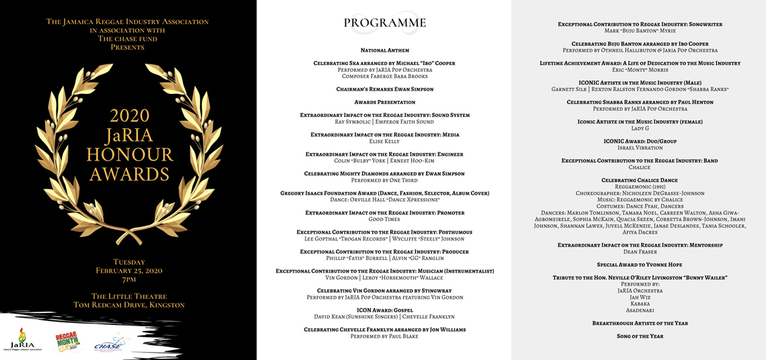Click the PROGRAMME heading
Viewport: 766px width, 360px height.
(x=384, y=23)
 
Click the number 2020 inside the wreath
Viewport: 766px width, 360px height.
(x=129, y=115)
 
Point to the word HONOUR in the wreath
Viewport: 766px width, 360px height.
(x=129, y=155)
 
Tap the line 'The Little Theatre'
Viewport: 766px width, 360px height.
(x=128, y=296)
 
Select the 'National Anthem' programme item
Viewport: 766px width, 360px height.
(x=384, y=50)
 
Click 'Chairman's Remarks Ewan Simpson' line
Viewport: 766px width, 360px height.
(x=384, y=89)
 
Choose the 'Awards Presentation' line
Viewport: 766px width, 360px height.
(x=384, y=102)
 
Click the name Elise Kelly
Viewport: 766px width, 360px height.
(x=384, y=142)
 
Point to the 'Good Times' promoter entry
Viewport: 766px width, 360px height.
(x=384, y=220)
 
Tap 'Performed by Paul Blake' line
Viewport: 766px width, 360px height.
(x=384, y=336)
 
